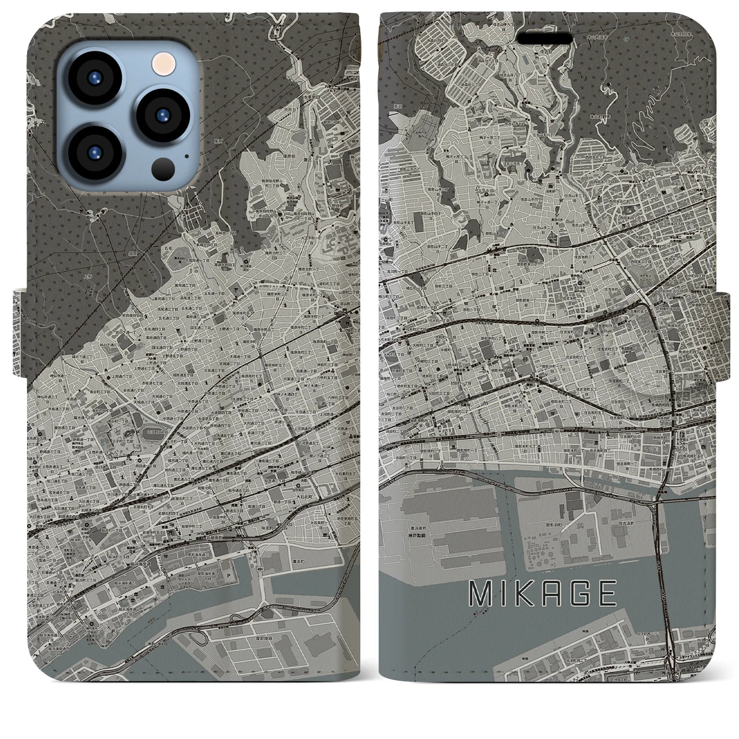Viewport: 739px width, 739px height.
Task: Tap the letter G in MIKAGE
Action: (x=577, y=593)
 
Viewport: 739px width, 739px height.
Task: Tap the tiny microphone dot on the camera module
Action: (x=186, y=155)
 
